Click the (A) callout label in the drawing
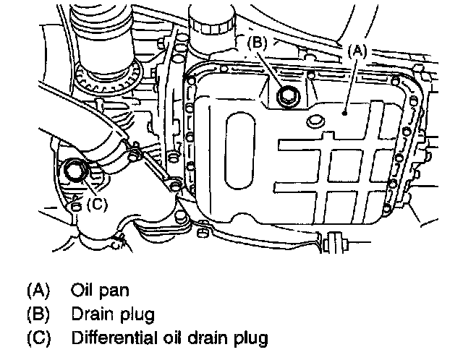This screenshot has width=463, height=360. (x=360, y=51)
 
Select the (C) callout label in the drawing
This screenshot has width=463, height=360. (x=97, y=204)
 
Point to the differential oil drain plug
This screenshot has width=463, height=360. (x=75, y=171)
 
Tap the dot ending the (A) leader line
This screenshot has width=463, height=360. (x=347, y=112)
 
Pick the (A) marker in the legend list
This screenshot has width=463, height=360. (x=38, y=291)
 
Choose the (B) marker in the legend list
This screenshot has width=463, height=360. (x=38, y=314)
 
